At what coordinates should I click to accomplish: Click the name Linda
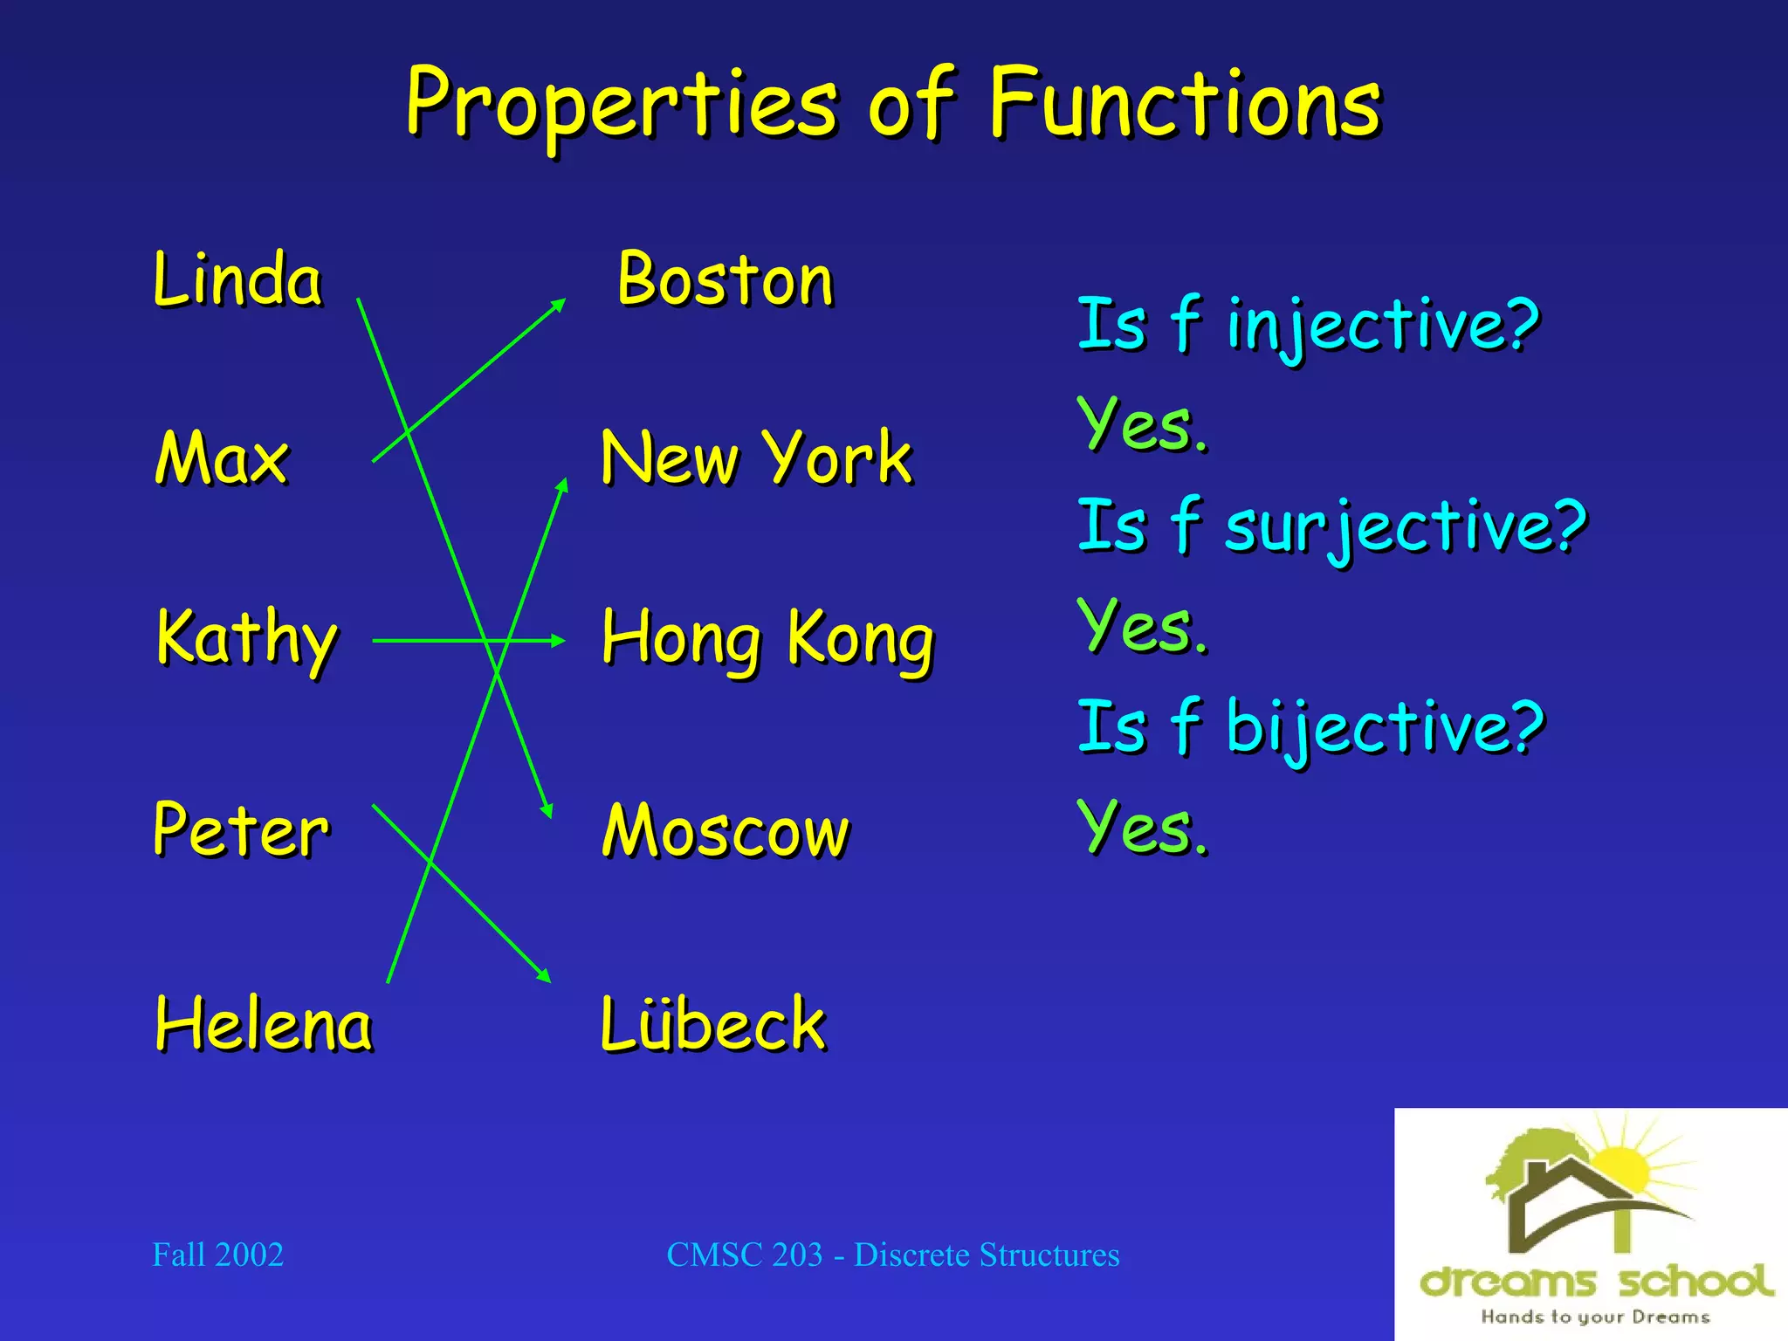[x=237, y=279]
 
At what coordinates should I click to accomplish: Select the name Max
[x=222, y=457]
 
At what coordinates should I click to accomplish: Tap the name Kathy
[x=247, y=639]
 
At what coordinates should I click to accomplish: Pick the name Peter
[x=241, y=829]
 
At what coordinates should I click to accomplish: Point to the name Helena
[x=264, y=1024]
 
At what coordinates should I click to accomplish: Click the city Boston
[x=726, y=280]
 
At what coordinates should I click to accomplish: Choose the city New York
[x=756, y=457]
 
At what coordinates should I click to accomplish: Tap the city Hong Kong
[x=767, y=639]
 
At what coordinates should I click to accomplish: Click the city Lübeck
[x=712, y=1023]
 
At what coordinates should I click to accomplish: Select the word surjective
[x=1406, y=526]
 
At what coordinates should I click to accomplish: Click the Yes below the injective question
[x=1143, y=425]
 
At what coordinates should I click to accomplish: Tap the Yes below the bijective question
[x=1143, y=827]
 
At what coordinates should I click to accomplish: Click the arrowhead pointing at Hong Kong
[x=558, y=641]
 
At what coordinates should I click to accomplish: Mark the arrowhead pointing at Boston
[x=558, y=305]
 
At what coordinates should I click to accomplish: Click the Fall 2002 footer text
[x=218, y=1255]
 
